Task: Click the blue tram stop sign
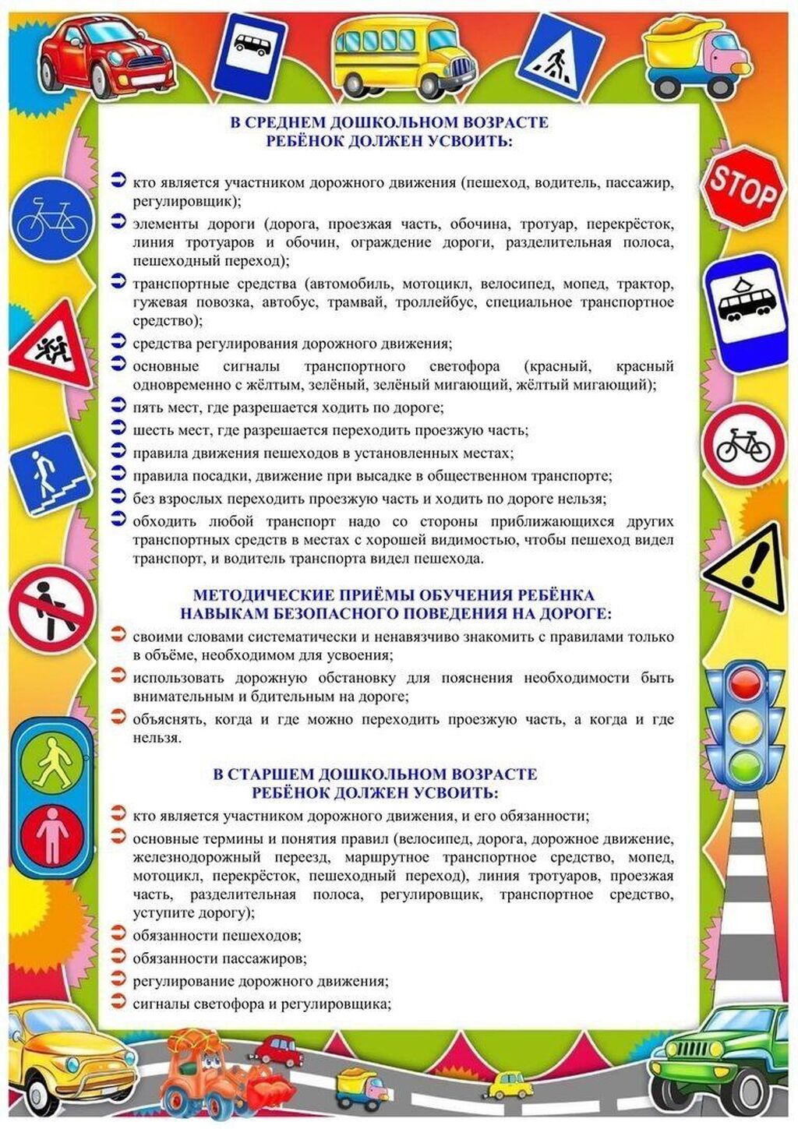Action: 743,311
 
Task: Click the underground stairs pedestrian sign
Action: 49,475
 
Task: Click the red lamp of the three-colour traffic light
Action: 746,685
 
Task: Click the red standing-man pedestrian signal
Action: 53,834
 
